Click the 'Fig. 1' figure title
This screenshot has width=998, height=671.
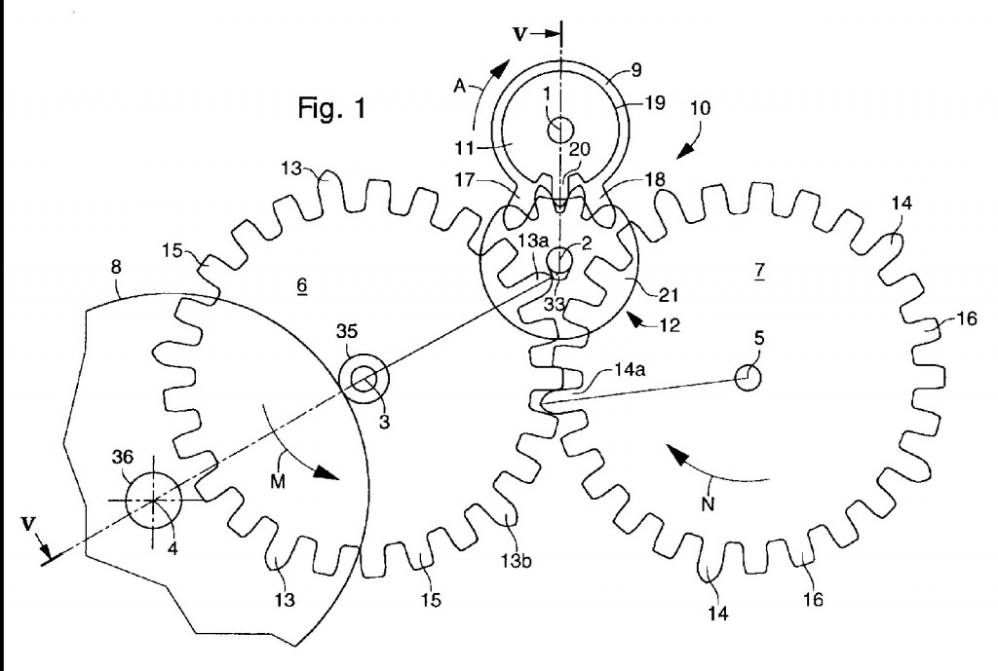coord(332,107)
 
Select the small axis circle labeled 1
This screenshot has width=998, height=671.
coord(560,129)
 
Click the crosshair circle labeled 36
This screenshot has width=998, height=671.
coord(154,500)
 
